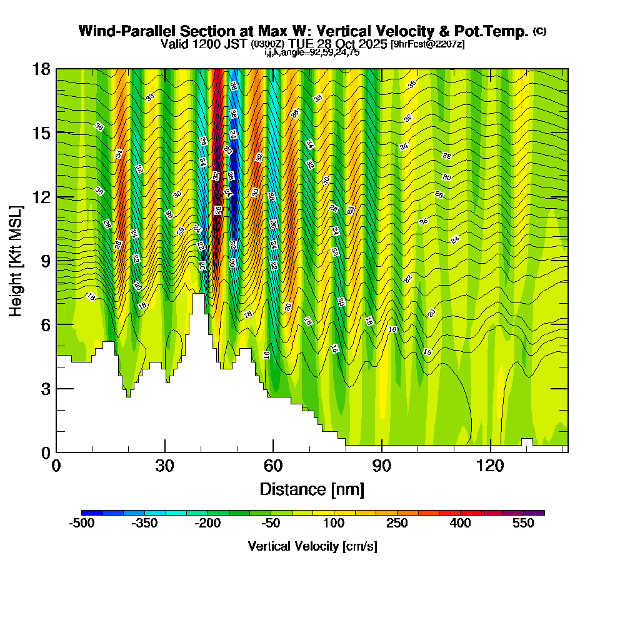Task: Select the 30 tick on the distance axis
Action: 164,466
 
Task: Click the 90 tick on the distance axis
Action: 382,466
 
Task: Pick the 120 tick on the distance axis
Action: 491,466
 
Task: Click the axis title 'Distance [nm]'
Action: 312,488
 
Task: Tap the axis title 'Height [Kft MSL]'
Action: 16,260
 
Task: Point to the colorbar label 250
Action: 397,524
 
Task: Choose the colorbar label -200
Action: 207,524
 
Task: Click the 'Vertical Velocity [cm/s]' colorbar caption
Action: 312,546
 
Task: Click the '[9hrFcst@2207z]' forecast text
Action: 427,44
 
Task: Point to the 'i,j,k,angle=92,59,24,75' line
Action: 312,52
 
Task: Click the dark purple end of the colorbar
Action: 537,512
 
